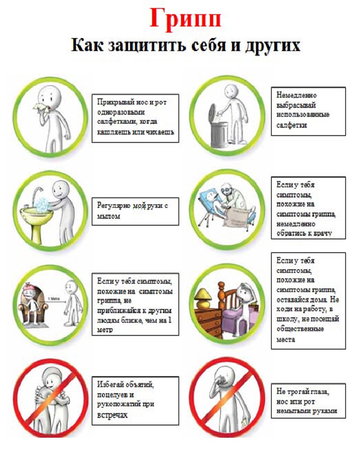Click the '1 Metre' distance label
[x=54, y=299]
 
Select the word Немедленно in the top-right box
[x=296, y=95]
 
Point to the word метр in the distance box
[x=105, y=330]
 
